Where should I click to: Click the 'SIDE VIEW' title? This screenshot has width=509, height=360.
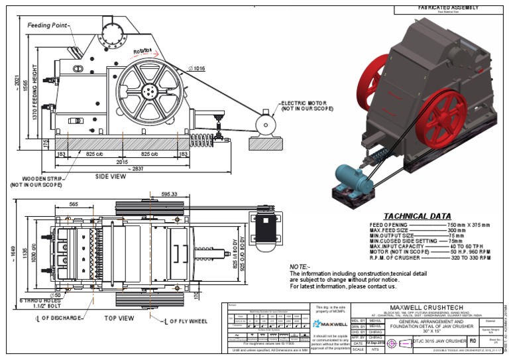pyautogui.click(x=110, y=177)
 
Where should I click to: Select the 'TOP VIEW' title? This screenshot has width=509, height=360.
pyautogui.click(x=119, y=318)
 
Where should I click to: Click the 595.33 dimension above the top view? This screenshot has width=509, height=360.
pyautogui.click(x=169, y=194)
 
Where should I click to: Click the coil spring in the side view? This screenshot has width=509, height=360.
pyautogui.click(x=199, y=140)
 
